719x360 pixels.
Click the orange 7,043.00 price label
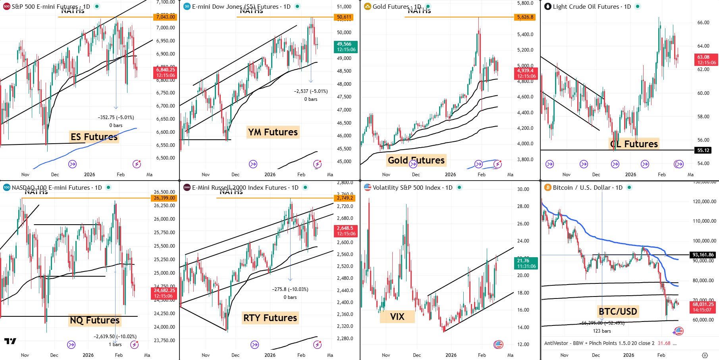[165, 17]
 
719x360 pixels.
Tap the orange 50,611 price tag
[344, 17]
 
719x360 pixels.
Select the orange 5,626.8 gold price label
[525, 17]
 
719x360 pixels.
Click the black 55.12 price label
[703, 150]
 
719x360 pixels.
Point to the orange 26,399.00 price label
[164, 198]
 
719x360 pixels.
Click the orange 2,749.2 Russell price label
[345, 198]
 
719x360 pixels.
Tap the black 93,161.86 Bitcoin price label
[703, 255]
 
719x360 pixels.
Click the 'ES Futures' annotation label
[94, 137]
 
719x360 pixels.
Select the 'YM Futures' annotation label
[273, 132]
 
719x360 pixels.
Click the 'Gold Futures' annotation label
[416, 160]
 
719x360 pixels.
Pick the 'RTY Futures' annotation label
[270, 318]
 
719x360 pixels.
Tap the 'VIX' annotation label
[397, 317]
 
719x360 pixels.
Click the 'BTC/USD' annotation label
[618, 312]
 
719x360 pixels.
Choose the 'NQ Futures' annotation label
[94, 320]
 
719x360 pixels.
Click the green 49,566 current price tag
[346, 47]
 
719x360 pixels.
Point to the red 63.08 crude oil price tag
[707, 60]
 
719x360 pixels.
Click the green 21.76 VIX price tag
[526, 263]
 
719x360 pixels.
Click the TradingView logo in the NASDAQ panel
[10, 341]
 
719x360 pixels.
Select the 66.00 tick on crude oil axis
[703, 23]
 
